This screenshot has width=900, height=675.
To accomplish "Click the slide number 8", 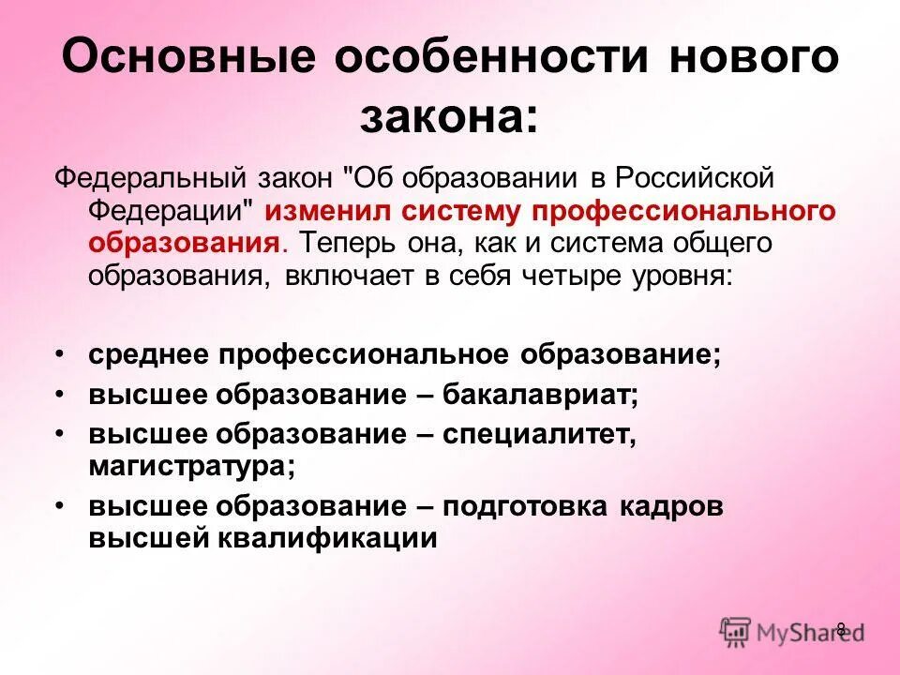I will point(840,628).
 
